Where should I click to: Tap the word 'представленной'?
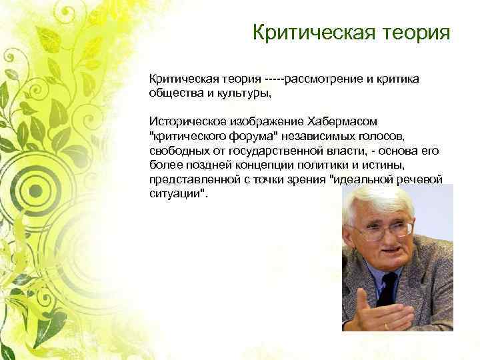coord(189,181)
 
